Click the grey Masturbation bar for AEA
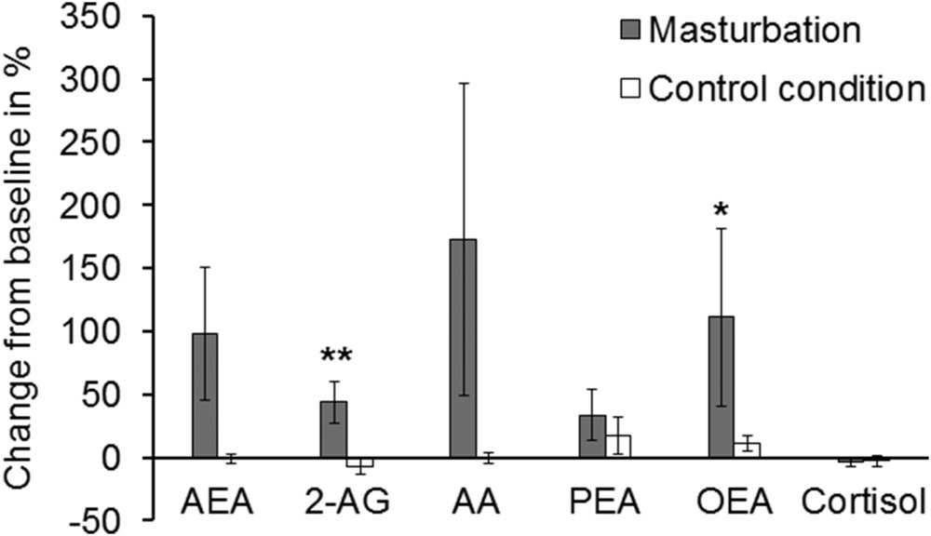205,395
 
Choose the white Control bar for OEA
748,450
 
